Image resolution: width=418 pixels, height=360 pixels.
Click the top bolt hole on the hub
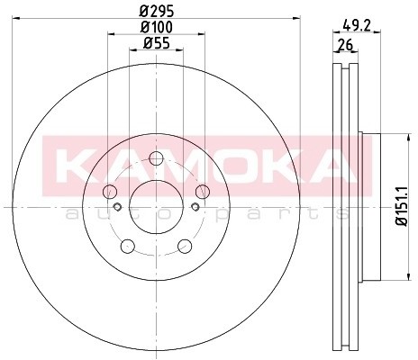tap(156, 159)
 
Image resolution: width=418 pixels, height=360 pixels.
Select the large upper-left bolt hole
tap(110, 191)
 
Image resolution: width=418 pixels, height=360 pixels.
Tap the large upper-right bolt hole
tap(202, 191)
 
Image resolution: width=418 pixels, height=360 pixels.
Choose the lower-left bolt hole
tap(127, 245)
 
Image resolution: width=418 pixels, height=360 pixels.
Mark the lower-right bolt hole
tap(185, 245)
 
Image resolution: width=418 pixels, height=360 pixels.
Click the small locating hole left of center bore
tap(117, 209)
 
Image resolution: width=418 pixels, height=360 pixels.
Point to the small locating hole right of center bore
tap(195, 209)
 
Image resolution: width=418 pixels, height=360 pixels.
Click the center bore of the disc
tap(156, 208)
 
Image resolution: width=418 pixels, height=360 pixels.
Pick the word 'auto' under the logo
tap(100, 213)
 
